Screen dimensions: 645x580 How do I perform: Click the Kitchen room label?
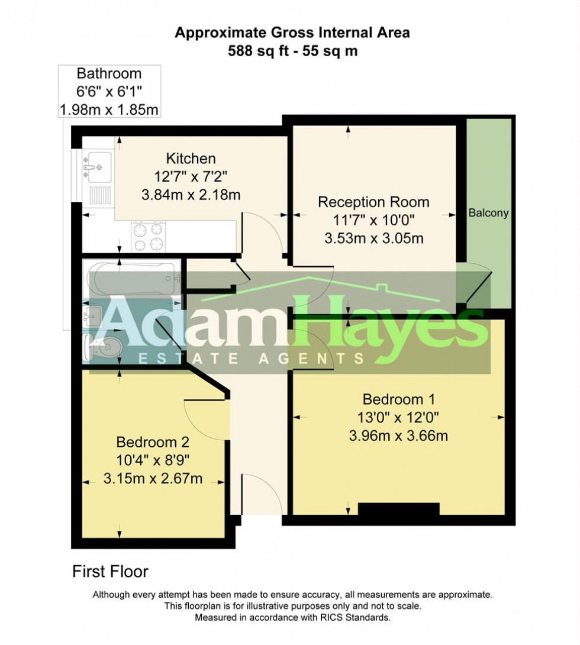tap(191, 159)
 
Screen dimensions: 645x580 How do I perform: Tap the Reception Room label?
tap(373, 202)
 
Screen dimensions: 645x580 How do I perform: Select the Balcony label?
tap(488, 213)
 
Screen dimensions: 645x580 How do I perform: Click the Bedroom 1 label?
tap(397, 398)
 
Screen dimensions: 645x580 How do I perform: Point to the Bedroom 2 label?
tap(153, 442)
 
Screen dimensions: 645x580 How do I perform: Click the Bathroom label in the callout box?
tap(109, 74)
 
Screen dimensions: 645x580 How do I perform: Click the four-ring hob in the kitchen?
tap(148, 237)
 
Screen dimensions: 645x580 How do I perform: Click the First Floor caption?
tap(110, 572)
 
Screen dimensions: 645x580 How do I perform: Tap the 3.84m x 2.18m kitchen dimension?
tap(191, 195)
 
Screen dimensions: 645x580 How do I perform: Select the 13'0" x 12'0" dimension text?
tap(397, 417)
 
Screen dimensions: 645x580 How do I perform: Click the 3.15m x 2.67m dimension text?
tap(153, 479)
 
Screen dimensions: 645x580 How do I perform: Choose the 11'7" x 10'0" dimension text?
tap(373, 220)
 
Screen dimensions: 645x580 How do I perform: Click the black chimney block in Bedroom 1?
tap(398, 509)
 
